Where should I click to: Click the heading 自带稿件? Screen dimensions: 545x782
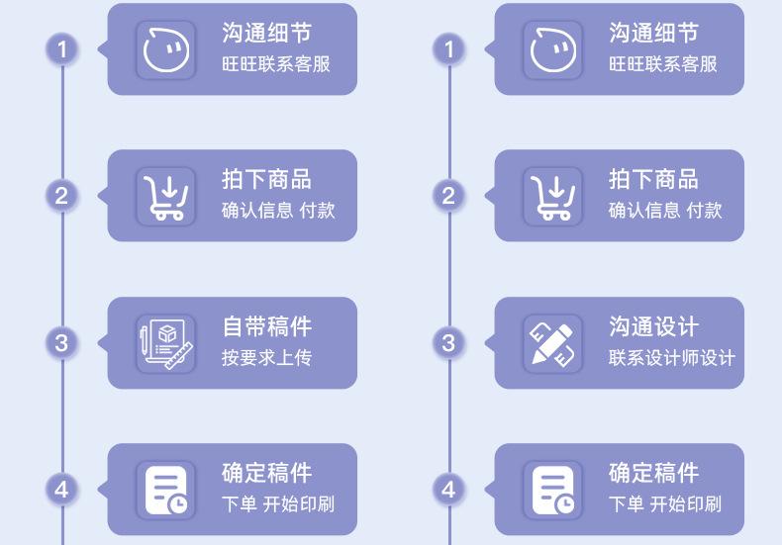coord(266,327)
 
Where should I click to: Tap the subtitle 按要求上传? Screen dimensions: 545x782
coord(266,357)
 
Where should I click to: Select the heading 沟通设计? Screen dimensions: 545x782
coord(653,327)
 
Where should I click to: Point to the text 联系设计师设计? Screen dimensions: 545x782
coord(671,357)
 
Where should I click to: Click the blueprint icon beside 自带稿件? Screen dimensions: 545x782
coord(165,343)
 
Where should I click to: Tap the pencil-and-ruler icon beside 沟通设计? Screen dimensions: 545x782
coord(552,343)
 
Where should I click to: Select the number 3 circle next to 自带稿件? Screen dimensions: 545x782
coord(62,343)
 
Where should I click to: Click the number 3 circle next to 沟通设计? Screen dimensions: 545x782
coord(449,343)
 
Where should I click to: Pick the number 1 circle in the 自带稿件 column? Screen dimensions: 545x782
coord(62,48)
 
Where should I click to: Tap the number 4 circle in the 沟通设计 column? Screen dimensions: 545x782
coord(449,489)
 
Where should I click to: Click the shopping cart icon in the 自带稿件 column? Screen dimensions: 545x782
coord(165,195)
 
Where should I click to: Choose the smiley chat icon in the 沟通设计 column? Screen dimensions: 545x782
coord(552,49)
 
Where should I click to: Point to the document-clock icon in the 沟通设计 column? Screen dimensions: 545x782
coord(552,490)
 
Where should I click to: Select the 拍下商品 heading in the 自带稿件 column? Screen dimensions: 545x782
coord(266,180)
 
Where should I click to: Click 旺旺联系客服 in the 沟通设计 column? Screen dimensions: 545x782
coord(662,64)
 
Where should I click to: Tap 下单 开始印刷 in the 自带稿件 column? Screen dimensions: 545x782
coord(277,504)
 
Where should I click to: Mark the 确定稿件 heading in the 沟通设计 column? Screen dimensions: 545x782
coord(653,474)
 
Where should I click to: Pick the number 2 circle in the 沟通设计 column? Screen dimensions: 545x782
coord(449,196)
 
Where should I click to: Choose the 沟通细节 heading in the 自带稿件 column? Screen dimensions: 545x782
coord(266,34)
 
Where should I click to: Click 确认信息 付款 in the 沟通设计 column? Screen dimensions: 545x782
coord(665,210)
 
